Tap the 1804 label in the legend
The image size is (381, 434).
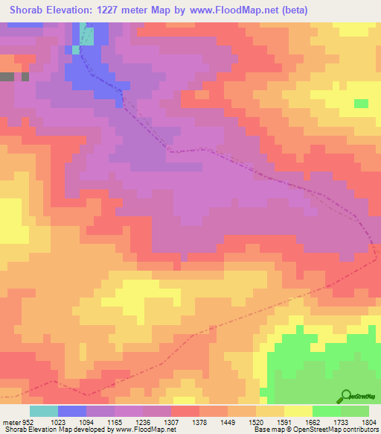369,421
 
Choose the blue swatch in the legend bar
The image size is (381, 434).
71,411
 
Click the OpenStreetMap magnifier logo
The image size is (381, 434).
345,397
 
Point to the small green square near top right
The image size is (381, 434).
361,104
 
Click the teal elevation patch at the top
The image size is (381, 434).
88,36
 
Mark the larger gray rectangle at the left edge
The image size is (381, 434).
7,76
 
